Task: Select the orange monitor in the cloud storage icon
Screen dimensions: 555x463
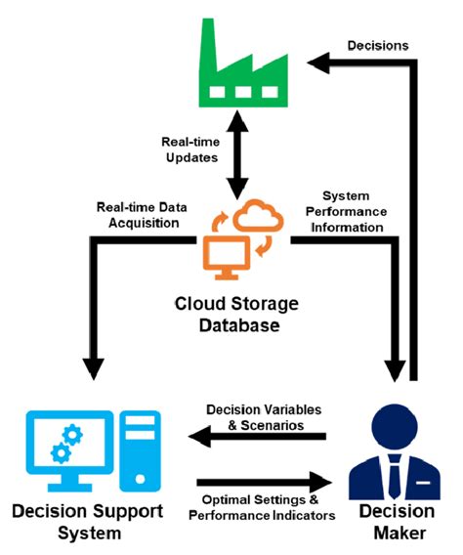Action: pos(222,246)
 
